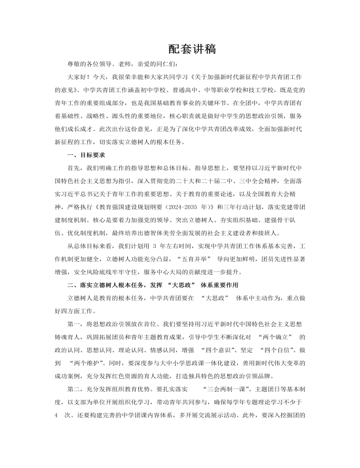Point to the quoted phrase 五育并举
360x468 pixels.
coord(193,258)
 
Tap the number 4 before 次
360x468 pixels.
coord(56,414)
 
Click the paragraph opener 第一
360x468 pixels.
coord(74,323)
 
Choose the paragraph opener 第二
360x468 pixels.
coord(74,388)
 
